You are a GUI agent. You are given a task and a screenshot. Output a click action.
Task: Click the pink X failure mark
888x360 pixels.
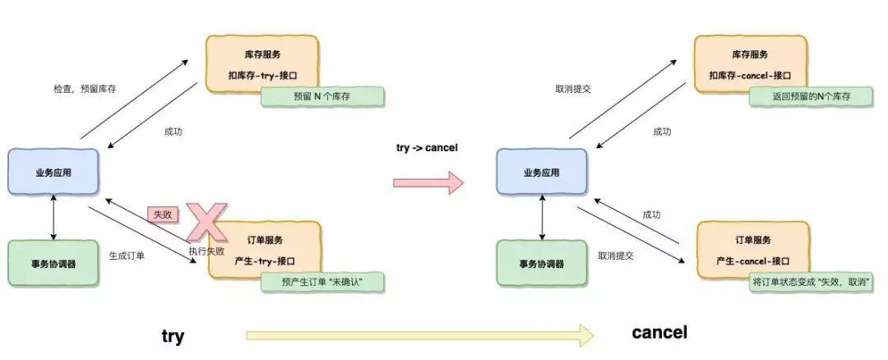click(206, 220)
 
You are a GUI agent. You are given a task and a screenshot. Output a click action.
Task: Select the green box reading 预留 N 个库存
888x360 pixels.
click(322, 96)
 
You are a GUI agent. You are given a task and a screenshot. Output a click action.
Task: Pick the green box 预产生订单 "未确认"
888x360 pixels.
click(322, 282)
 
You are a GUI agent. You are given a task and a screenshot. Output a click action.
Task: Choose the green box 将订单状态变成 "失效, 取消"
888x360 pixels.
click(812, 282)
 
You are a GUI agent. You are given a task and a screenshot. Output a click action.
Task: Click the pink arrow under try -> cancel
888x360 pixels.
click(428, 182)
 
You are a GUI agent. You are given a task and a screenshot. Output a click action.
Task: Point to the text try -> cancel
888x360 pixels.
click(427, 148)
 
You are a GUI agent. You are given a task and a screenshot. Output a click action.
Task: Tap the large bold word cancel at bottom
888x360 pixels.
click(659, 333)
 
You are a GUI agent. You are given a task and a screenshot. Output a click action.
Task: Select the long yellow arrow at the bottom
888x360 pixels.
click(419, 335)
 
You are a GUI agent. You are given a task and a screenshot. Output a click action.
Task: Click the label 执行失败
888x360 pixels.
click(206, 250)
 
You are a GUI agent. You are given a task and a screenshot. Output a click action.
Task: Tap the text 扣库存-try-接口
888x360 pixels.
click(264, 75)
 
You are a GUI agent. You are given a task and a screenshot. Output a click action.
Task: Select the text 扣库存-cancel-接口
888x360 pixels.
click(749, 75)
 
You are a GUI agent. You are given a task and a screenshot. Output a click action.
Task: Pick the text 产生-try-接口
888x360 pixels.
click(265, 260)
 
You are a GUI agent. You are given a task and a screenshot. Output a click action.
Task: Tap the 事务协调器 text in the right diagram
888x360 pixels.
click(541, 264)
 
